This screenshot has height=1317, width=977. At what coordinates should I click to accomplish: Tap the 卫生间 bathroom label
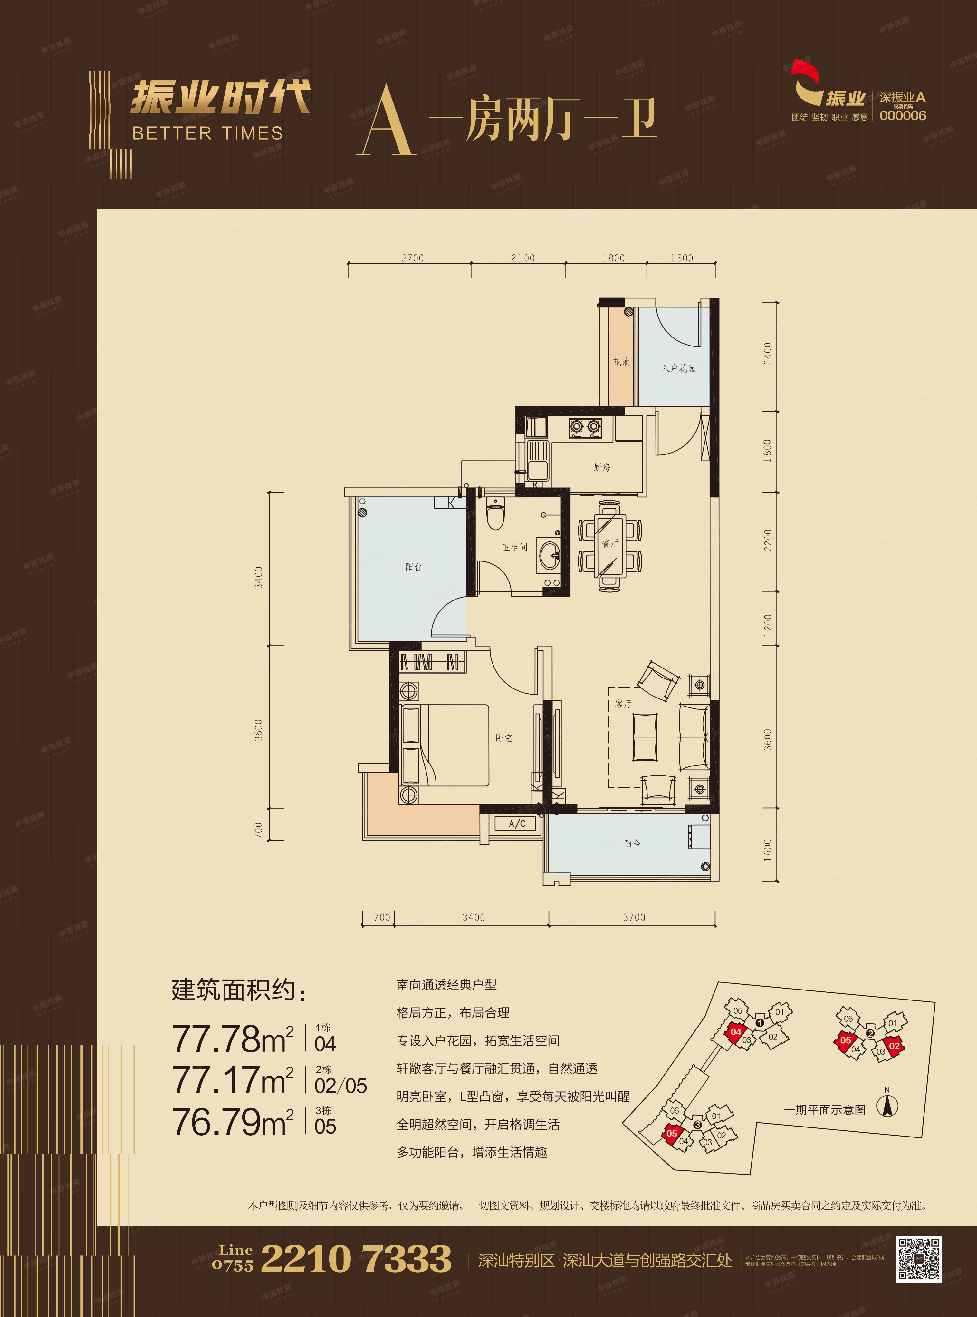pos(514,547)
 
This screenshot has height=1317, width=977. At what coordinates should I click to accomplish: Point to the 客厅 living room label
pos(623,704)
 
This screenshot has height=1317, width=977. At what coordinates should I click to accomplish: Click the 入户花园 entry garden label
pos(678,368)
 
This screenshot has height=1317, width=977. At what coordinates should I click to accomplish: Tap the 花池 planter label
pos(621,362)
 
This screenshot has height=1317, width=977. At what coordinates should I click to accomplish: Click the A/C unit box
pos(517,824)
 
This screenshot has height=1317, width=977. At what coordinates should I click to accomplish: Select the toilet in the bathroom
pos(494,513)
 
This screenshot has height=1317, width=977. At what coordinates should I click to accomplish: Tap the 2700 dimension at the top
pos(412,258)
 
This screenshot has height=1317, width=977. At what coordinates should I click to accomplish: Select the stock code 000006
pos(903,116)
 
